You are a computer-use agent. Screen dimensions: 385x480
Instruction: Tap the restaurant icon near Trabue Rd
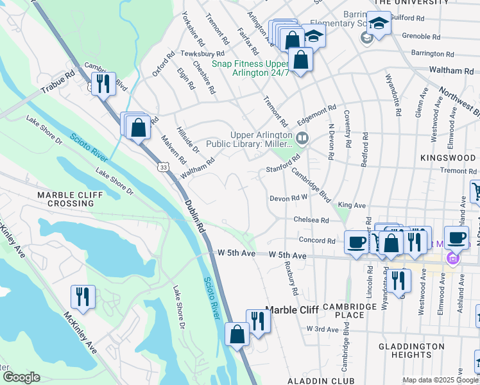[x=103, y=83]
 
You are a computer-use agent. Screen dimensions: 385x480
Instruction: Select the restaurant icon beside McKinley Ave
[x=83, y=296]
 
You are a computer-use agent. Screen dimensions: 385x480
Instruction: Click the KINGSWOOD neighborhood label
[x=449, y=157]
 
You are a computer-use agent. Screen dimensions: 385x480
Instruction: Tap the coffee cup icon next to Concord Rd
[x=356, y=241]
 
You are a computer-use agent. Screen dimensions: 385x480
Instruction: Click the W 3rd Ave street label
[x=322, y=329]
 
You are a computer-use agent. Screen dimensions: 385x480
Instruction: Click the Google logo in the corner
[x=21, y=377]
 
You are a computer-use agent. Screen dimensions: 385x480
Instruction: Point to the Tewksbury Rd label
[x=202, y=54]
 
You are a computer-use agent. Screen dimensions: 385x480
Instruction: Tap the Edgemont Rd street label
[x=317, y=115]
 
